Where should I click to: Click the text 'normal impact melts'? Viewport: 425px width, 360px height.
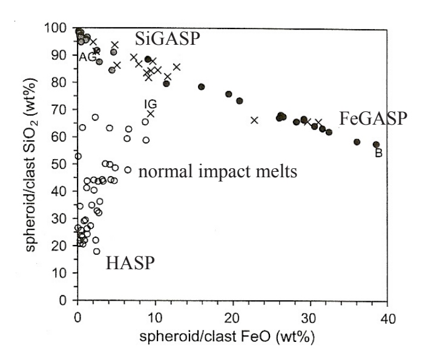[219, 172]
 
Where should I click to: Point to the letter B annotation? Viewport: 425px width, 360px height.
[378, 154]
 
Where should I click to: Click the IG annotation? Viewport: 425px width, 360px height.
[150, 105]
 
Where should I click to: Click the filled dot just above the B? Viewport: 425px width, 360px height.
[376, 145]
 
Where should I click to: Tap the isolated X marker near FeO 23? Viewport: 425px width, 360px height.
[254, 120]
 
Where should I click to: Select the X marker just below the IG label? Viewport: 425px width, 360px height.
[151, 114]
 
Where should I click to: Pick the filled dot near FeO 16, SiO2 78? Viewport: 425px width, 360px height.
[202, 87]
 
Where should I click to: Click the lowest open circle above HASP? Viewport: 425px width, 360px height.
[97, 251]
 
